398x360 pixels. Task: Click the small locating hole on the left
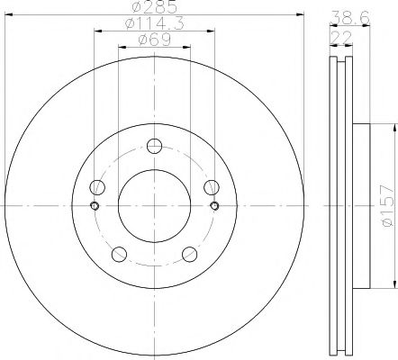pyautogui.click(x=94, y=206)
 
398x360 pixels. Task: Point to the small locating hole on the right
pyautogui.click(x=214, y=206)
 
